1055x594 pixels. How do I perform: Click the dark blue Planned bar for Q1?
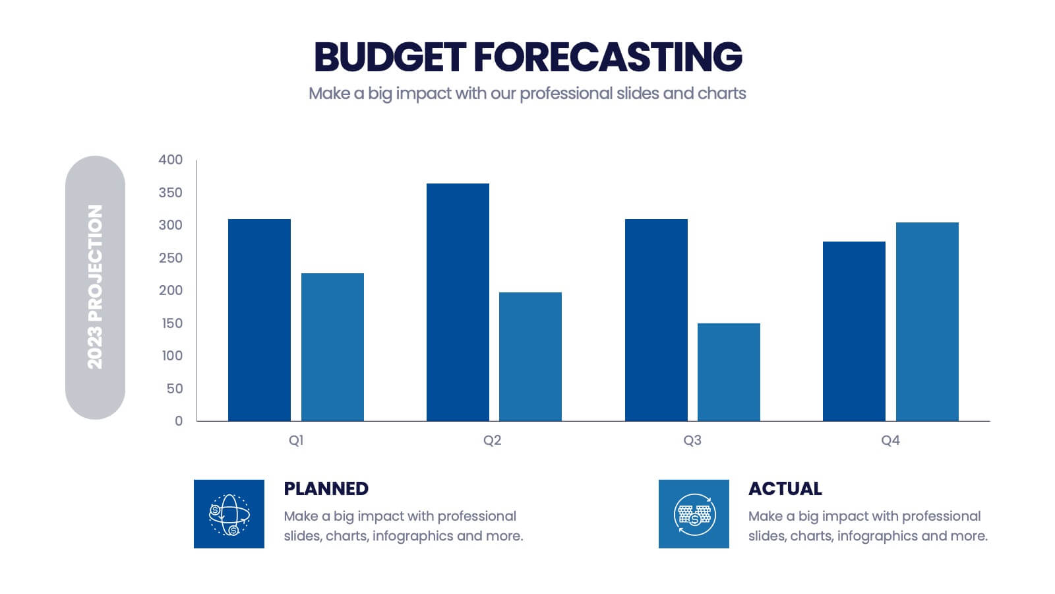point(259,320)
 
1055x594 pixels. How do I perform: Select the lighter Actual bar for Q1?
point(332,347)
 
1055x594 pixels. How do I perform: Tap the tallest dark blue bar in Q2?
point(458,302)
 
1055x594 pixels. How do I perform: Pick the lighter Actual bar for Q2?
point(530,356)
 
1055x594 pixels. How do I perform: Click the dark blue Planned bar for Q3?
point(656,320)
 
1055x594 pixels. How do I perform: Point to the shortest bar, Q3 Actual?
point(729,372)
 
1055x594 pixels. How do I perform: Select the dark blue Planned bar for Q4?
point(854,331)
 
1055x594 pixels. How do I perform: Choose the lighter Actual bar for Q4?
point(927,321)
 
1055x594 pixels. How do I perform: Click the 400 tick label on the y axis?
point(171,160)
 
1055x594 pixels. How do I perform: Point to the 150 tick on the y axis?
point(171,323)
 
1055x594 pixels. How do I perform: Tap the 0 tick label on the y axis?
point(179,421)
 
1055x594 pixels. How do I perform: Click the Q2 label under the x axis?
point(493,440)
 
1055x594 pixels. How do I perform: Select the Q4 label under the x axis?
point(890,440)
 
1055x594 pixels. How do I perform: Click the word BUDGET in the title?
point(390,57)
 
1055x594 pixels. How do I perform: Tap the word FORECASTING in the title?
point(608,57)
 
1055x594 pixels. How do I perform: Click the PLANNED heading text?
point(326,488)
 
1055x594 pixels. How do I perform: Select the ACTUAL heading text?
point(785,488)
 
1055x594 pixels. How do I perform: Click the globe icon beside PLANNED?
point(229,514)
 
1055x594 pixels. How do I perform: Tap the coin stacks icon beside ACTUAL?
point(694,514)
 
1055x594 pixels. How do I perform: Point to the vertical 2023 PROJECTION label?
point(96,287)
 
